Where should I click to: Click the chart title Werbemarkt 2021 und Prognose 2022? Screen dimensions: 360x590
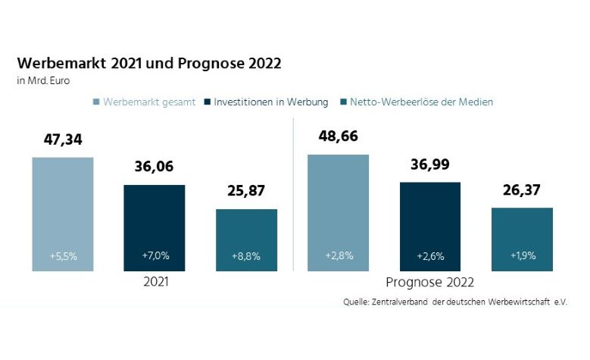[x=148, y=63]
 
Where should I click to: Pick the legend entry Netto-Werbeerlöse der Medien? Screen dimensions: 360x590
[x=421, y=101]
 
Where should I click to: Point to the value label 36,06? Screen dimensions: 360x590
[x=155, y=167]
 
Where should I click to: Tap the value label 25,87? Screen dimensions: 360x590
[x=246, y=191]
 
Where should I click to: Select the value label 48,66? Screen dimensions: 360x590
[x=338, y=136]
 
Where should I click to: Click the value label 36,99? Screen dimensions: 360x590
[x=430, y=164]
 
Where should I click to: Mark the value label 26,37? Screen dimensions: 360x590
[x=522, y=189]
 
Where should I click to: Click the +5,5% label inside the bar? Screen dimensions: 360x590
[x=63, y=256]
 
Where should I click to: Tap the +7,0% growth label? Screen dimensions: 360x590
[x=155, y=256]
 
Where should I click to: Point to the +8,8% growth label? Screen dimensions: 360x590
[x=246, y=256]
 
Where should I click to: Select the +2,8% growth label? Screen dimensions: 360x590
[x=338, y=256]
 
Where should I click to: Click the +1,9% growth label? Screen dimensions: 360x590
[x=522, y=256]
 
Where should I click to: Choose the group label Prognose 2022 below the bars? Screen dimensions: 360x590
[x=429, y=283]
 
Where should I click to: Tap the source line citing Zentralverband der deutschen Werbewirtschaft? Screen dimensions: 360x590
[x=454, y=302]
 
